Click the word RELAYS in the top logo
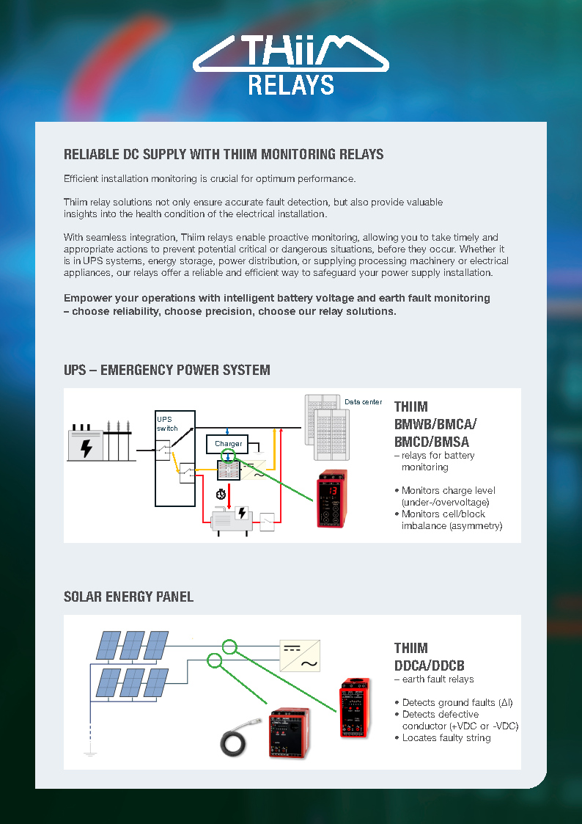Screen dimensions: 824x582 [x=291, y=84]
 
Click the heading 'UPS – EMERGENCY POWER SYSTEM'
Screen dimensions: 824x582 [x=167, y=370]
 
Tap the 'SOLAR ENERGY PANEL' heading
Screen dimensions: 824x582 [x=129, y=597]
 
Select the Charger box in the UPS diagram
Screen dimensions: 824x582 [x=229, y=444]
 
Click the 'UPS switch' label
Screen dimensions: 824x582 [x=167, y=423]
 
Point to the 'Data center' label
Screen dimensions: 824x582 [x=363, y=402]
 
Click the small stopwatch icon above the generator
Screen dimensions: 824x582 [x=220, y=494]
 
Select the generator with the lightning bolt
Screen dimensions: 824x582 [x=232, y=519]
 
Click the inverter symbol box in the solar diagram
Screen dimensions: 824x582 [x=300, y=655]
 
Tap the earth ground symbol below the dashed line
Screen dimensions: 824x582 [x=90, y=752]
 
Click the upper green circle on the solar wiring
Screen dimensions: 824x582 [x=230, y=646]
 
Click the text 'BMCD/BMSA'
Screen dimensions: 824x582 [x=431, y=442]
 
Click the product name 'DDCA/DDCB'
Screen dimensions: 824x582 [x=429, y=666]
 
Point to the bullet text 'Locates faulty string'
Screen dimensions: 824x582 [x=446, y=737]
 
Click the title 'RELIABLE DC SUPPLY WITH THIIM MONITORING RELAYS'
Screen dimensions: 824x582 [x=224, y=155]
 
